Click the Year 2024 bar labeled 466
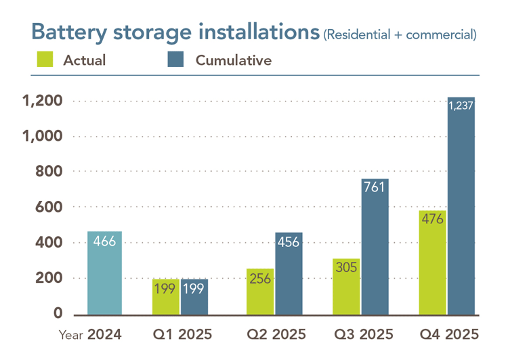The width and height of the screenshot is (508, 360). point(105,273)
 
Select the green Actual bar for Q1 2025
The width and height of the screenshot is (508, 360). point(166,297)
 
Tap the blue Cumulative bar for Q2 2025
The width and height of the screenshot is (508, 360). point(289,274)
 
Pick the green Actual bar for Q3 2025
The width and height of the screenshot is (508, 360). point(347,287)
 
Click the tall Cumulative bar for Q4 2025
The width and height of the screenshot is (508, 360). point(461,206)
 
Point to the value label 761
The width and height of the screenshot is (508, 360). point(375,187)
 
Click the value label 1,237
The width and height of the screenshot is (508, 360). point(461,105)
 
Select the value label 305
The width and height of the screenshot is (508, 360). point(347,267)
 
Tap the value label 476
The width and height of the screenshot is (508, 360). point(433,219)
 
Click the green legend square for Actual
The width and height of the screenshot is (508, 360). point(43,60)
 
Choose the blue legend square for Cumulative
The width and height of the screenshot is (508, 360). point(175,60)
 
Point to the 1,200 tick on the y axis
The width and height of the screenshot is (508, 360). point(43,101)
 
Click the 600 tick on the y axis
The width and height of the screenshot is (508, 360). point(49,207)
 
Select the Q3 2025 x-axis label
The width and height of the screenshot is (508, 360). point(364,335)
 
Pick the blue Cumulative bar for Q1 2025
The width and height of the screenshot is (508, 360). point(194,297)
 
